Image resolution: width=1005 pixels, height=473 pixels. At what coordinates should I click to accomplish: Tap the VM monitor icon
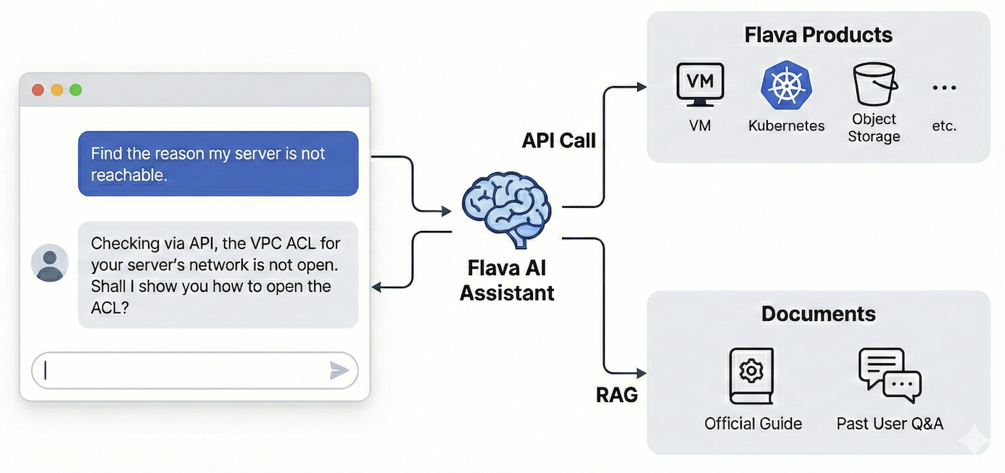coord(700,85)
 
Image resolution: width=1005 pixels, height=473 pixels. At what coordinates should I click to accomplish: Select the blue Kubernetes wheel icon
coord(785,85)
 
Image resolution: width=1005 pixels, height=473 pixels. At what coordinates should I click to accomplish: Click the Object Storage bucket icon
coord(874,85)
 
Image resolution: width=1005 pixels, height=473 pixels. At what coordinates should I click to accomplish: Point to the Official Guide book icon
coord(751,375)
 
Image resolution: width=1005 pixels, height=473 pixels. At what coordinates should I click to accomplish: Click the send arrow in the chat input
coord(339,371)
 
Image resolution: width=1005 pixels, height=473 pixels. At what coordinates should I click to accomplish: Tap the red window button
coord(38,90)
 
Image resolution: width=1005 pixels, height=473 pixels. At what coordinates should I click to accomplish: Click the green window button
coord(75,90)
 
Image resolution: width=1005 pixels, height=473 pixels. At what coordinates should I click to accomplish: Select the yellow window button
coord(57,90)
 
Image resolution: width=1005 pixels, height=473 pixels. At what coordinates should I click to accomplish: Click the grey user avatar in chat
coord(50,263)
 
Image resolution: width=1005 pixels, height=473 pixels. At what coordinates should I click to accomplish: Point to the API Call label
coord(558,141)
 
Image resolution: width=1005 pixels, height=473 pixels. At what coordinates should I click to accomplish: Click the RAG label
coord(616,395)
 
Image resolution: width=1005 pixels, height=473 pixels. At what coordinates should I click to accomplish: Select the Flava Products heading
coord(818,35)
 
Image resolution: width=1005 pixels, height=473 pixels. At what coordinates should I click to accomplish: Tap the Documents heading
coord(818,314)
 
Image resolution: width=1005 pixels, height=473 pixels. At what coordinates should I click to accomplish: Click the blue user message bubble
coord(218,164)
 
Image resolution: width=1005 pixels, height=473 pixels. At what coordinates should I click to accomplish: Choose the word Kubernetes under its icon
coord(786,126)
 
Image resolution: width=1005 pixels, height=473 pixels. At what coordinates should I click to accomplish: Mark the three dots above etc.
coord(944,88)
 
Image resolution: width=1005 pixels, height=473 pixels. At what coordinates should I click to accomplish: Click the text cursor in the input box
coord(46,371)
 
